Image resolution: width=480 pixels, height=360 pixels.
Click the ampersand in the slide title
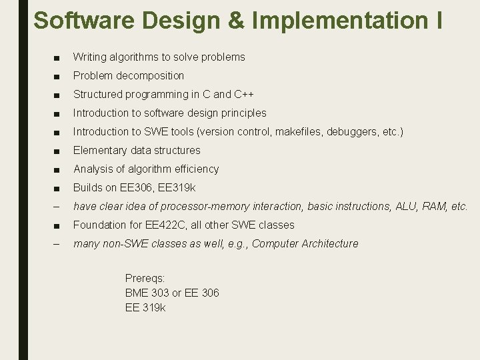pyautogui.click(x=238, y=21)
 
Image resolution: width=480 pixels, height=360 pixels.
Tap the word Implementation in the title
pyautogui.click(x=339, y=21)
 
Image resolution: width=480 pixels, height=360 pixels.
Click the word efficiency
pyautogui.click(x=195, y=169)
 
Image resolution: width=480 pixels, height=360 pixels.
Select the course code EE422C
pyautogui.click(x=163, y=225)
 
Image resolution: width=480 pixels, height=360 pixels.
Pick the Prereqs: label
pyautogui.click(x=145, y=278)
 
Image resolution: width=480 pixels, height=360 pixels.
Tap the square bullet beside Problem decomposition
pyautogui.click(x=56, y=76)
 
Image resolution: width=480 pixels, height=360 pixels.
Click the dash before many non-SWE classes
pyautogui.click(x=56, y=244)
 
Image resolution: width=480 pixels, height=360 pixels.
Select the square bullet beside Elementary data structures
pyautogui.click(x=56, y=151)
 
